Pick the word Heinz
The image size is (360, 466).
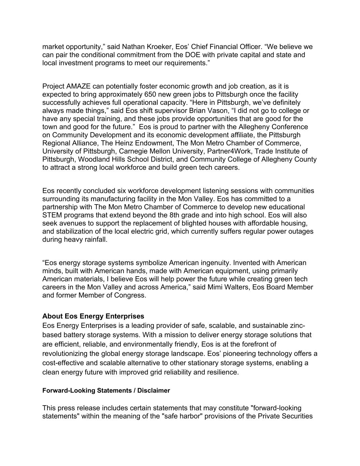(122, 143)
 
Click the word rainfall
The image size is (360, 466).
(94, 240)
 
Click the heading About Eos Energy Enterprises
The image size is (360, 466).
(93, 316)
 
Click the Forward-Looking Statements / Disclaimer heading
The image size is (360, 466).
(106, 391)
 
